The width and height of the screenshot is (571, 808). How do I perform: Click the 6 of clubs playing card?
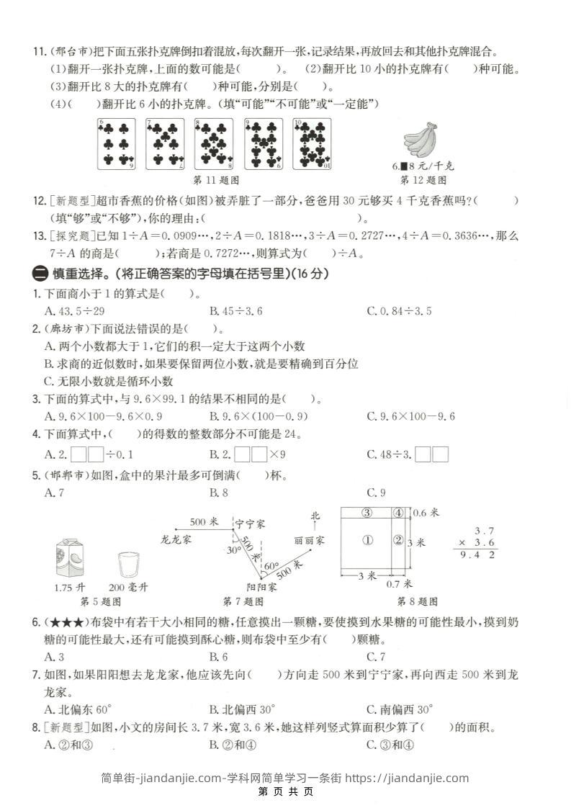[x=117, y=144]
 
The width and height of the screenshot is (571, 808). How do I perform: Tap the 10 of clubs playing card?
[x=312, y=144]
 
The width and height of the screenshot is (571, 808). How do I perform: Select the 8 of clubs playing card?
[x=214, y=144]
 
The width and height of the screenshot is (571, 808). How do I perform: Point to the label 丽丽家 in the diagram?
[x=309, y=539]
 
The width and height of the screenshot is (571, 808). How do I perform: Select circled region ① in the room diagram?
[x=367, y=540]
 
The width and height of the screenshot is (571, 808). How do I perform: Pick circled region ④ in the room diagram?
[x=397, y=513]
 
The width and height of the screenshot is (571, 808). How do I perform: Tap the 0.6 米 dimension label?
[x=428, y=513]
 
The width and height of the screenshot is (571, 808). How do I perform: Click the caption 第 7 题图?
[x=243, y=601]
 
